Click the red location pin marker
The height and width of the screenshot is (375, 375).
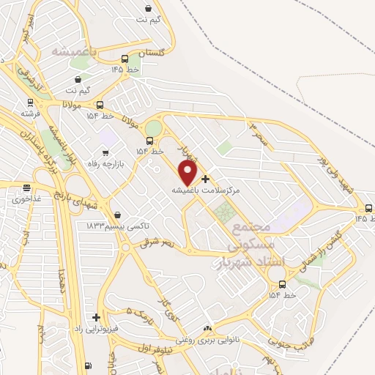click(x=188, y=173)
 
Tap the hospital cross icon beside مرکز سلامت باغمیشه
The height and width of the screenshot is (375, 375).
click(x=205, y=179)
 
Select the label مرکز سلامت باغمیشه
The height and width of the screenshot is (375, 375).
click(x=206, y=190)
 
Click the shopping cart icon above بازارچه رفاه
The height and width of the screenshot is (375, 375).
click(x=105, y=152)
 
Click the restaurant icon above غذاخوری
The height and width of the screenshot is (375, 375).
click(x=26, y=188)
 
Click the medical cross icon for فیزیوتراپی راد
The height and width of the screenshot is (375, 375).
click(x=95, y=317)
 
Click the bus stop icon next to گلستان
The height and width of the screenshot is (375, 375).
click(x=125, y=59)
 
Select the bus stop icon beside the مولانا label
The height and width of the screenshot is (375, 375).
click(x=100, y=105)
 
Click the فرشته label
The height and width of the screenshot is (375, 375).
click(x=31, y=114)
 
